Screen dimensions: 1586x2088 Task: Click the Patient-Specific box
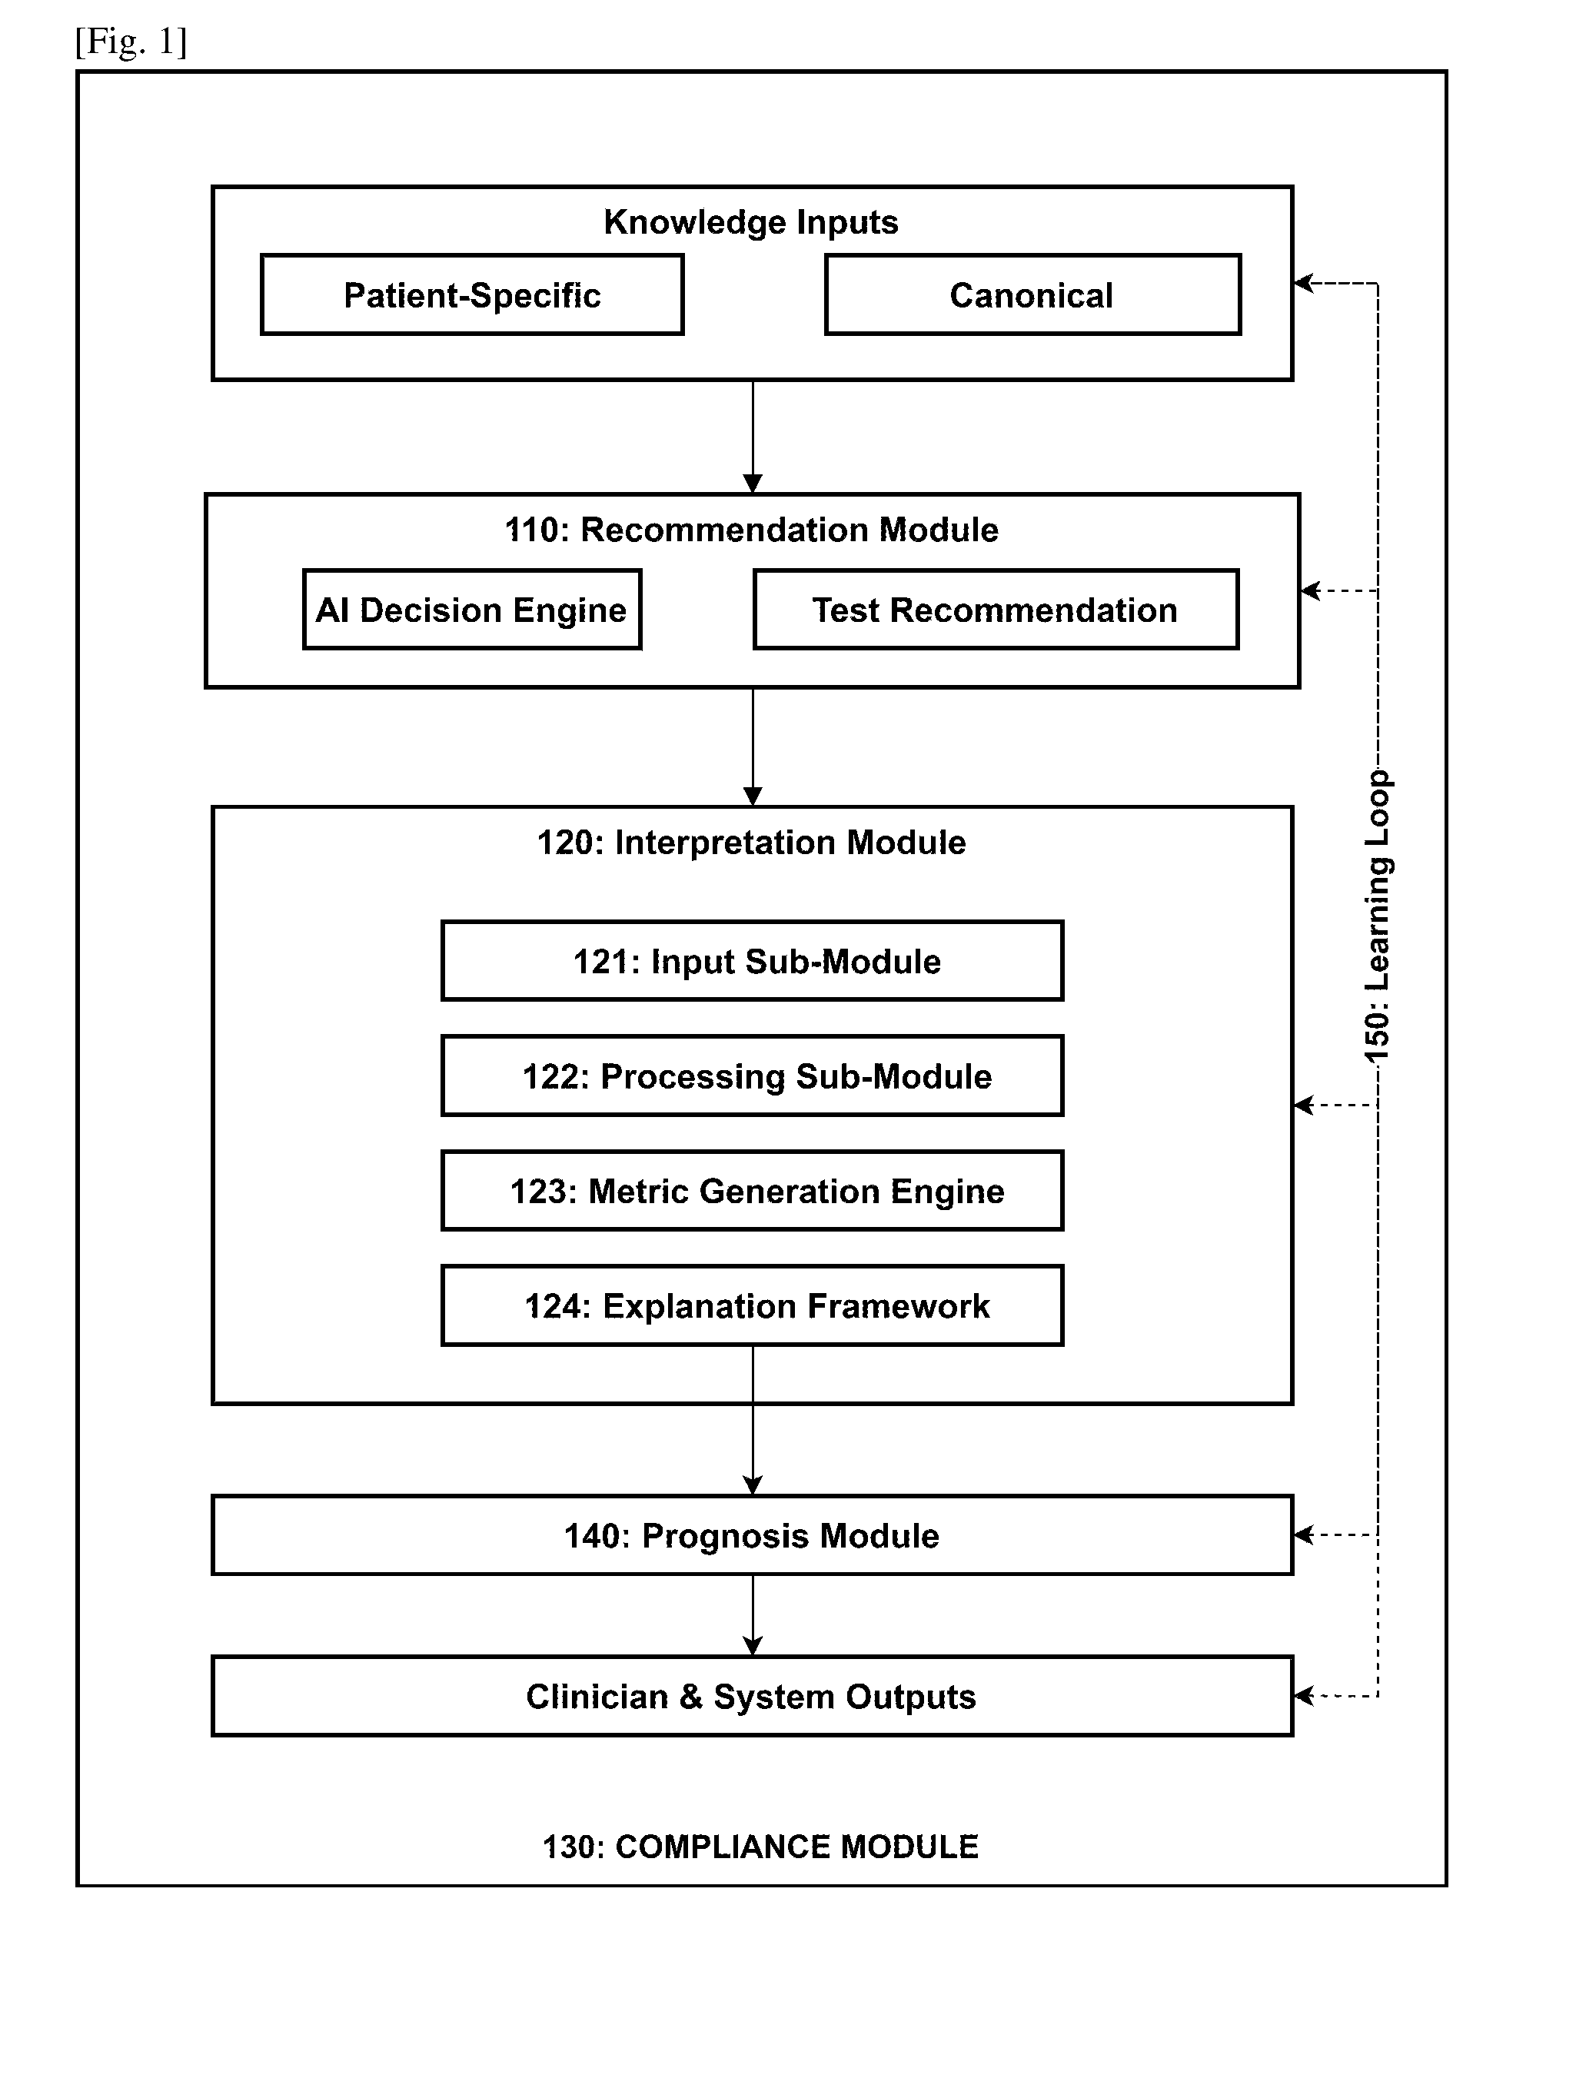pos(472,294)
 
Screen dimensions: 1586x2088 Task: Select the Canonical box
pos(1032,294)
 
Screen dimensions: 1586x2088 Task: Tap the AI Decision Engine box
pos(472,610)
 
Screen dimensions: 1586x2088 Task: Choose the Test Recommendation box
pos(996,610)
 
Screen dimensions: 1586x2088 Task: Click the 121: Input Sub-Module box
pos(753,961)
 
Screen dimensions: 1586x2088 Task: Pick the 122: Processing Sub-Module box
pos(753,1076)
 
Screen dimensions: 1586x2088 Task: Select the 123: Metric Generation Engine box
pos(753,1192)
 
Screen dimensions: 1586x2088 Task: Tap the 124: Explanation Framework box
pos(753,1305)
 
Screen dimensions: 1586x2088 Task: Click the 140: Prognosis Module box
pos(753,1536)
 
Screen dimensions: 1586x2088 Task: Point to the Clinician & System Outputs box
pos(753,1696)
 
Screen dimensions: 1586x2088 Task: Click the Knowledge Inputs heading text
pos(751,223)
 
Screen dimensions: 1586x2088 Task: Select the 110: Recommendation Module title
pos(751,530)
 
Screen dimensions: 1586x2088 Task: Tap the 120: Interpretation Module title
pos(751,842)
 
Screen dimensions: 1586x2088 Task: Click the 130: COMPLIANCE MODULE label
pos(761,1847)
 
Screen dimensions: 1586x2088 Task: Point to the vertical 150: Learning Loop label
pos(1378,916)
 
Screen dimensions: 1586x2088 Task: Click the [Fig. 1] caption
pos(131,42)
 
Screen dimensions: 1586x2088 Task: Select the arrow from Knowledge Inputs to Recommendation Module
pos(753,437)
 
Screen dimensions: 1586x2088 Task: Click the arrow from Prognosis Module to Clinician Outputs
pos(753,1616)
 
